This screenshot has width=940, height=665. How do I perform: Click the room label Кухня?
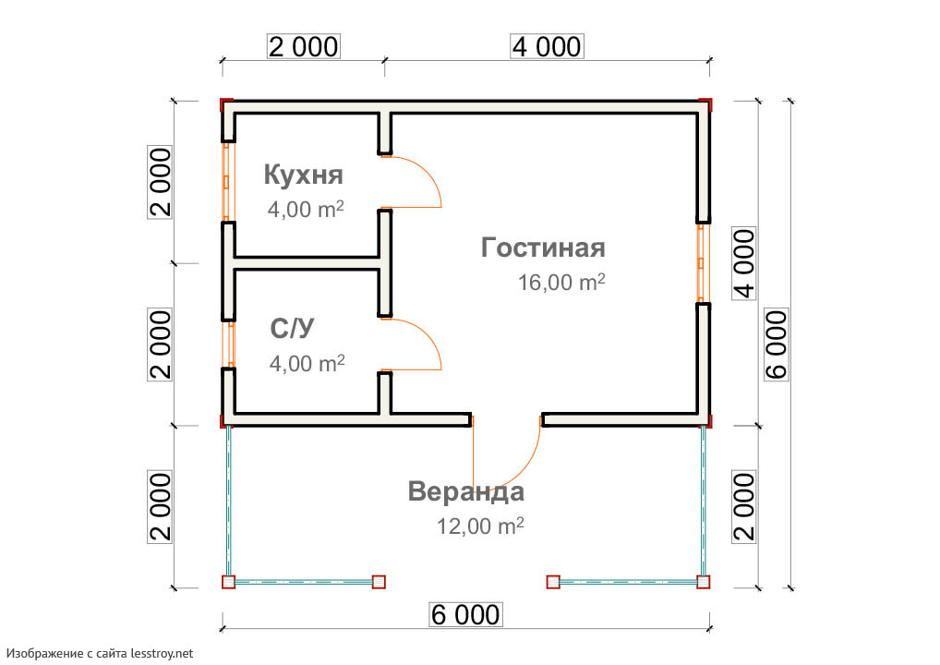303,175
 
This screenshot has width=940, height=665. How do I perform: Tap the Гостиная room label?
543,248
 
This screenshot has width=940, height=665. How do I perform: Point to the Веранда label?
466,491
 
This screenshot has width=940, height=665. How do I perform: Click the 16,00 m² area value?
561,283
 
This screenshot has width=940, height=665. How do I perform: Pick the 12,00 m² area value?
480,526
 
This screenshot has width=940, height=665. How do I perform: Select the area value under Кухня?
306,209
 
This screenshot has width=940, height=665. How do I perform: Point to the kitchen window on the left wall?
225,181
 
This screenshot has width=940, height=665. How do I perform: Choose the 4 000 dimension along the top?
546,46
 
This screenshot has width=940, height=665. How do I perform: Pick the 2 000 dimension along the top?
303,46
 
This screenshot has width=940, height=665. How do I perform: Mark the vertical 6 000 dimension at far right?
777,344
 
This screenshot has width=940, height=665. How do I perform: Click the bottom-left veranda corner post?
228,582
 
